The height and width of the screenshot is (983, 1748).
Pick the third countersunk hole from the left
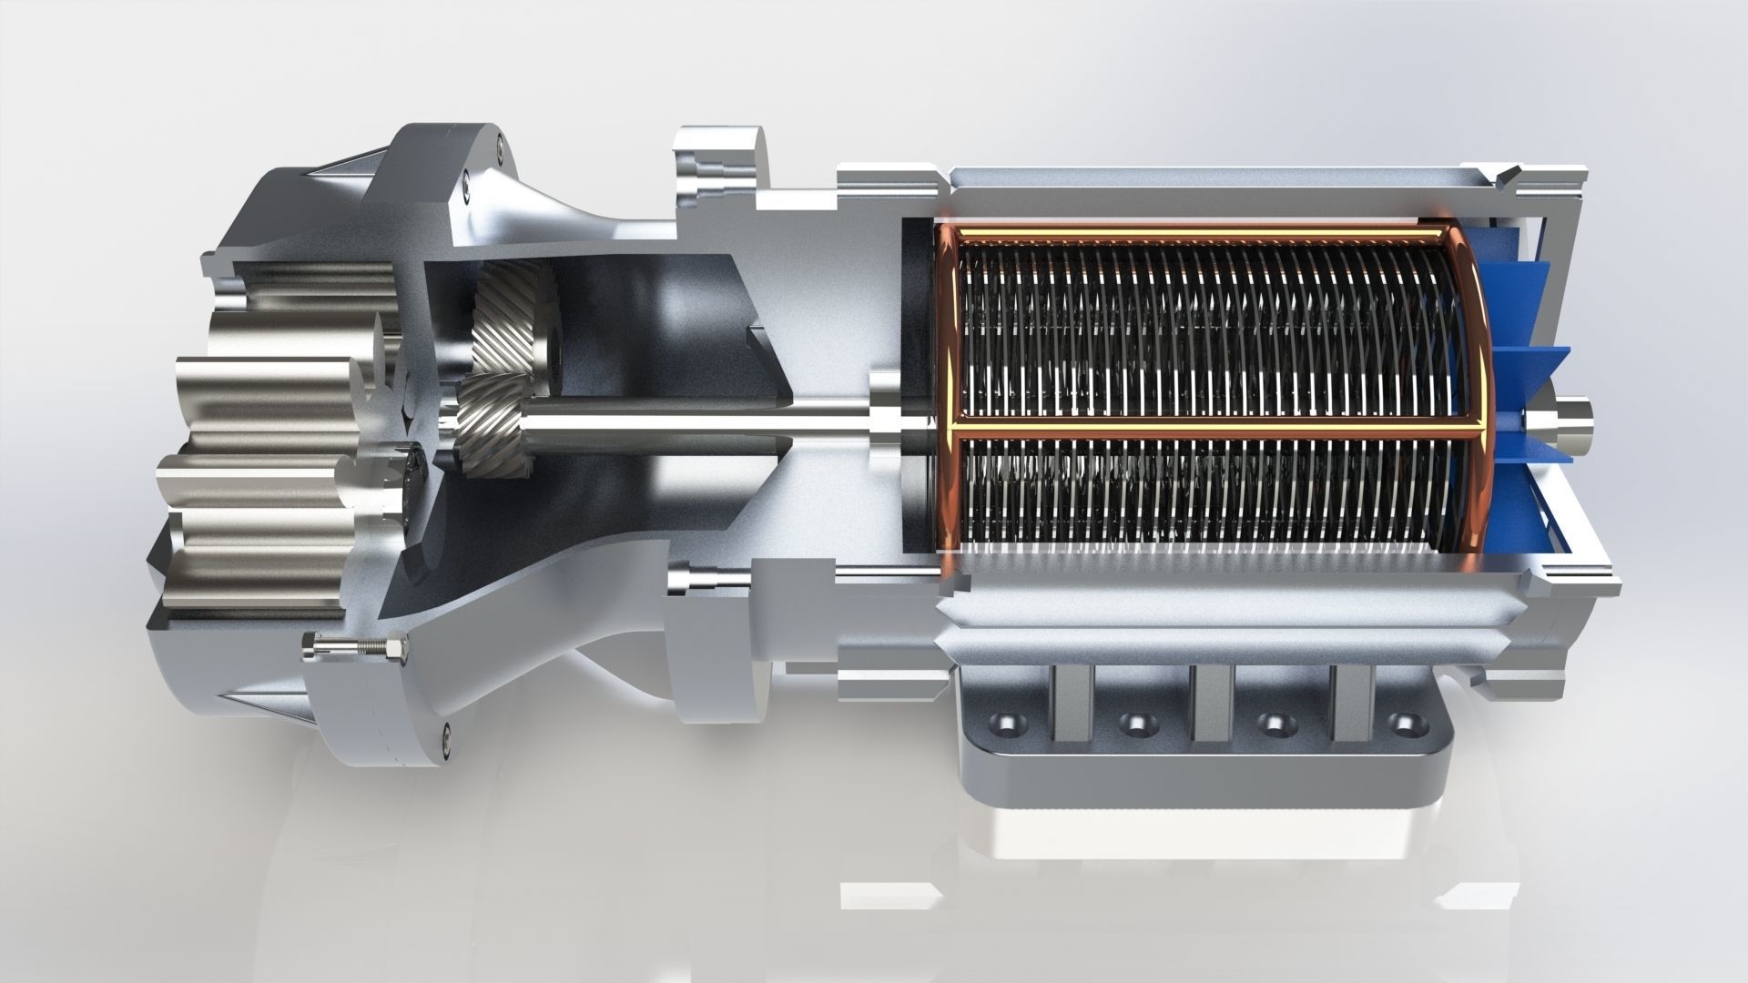click(1271, 725)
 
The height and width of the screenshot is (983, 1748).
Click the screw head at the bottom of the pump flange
click(446, 730)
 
